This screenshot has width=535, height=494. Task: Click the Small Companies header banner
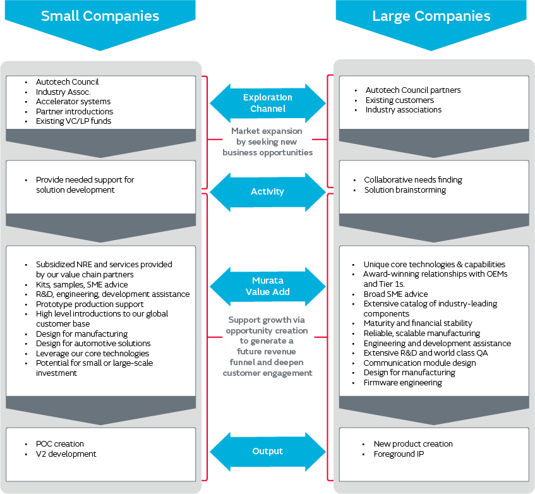[100, 16]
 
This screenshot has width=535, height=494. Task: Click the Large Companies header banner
[432, 16]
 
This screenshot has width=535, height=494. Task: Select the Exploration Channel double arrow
[267, 103]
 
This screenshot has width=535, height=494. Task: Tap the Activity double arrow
[267, 191]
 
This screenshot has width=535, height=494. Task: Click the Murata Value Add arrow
[267, 286]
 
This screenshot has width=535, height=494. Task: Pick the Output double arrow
[267, 451]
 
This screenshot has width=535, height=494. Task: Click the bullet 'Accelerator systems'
[73, 102]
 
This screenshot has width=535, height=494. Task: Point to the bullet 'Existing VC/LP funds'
[73, 121]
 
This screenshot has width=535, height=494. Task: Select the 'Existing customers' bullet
[399, 100]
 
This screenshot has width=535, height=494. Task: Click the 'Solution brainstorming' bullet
[404, 190]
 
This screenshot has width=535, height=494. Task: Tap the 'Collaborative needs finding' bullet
[412, 180]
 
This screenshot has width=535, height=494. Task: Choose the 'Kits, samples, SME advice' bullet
[81, 284]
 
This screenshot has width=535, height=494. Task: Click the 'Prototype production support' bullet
[89, 304]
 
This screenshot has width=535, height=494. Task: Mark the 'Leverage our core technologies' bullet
[92, 353]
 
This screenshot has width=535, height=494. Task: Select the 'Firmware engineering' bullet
[402, 382]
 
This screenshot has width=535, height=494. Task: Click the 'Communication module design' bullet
[419, 363]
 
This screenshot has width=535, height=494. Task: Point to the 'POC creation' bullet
[59, 444]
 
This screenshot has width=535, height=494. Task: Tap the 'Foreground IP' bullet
[399, 454]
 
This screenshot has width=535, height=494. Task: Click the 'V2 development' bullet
[66, 454]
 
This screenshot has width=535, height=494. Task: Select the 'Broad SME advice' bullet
[395, 294]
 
